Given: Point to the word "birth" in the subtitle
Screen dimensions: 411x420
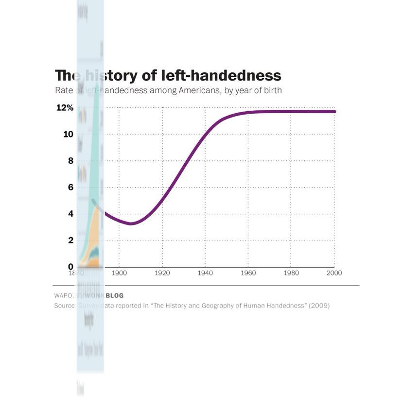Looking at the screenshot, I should click(x=272, y=90).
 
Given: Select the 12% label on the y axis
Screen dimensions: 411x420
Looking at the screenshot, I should click(x=65, y=108).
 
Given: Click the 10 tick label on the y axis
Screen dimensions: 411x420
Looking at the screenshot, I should click(x=68, y=135).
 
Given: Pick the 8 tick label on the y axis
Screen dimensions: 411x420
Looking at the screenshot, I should click(x=70, y=161).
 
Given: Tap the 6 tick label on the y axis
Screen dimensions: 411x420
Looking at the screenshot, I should click(x=70, y=188).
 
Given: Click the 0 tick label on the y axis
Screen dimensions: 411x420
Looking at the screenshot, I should click(x=70, y=267).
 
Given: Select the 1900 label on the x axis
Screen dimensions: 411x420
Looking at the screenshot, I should click(x=119, y=273).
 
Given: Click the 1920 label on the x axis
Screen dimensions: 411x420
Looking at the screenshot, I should click(x=162, y=273).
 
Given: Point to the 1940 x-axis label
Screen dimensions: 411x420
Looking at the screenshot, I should click(x=205, y=273).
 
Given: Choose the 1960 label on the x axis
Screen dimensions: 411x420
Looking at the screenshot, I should click(x=248, y=273).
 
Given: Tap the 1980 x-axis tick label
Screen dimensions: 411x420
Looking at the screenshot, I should click(x=291, y=273).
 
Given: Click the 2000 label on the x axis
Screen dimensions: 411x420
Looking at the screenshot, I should click(x=334, y=273).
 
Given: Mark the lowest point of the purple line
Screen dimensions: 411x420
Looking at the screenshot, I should click(x=130, y=223).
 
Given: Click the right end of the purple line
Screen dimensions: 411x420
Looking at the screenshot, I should click(x=334, y=112).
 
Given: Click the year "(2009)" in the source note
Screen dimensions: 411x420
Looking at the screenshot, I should click(x=319, y=306).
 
